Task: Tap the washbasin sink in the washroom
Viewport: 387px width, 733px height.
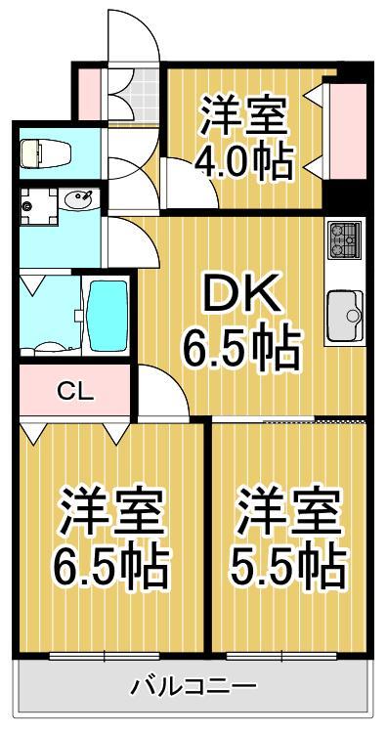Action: tap(77, 201)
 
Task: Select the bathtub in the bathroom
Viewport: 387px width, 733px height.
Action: tap(107, 316)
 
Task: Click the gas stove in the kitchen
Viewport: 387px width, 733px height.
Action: tap(345, 238)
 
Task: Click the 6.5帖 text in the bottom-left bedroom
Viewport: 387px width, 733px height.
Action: tap(109, 564)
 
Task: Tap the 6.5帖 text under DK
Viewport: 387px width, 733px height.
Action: tap(241, 347)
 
